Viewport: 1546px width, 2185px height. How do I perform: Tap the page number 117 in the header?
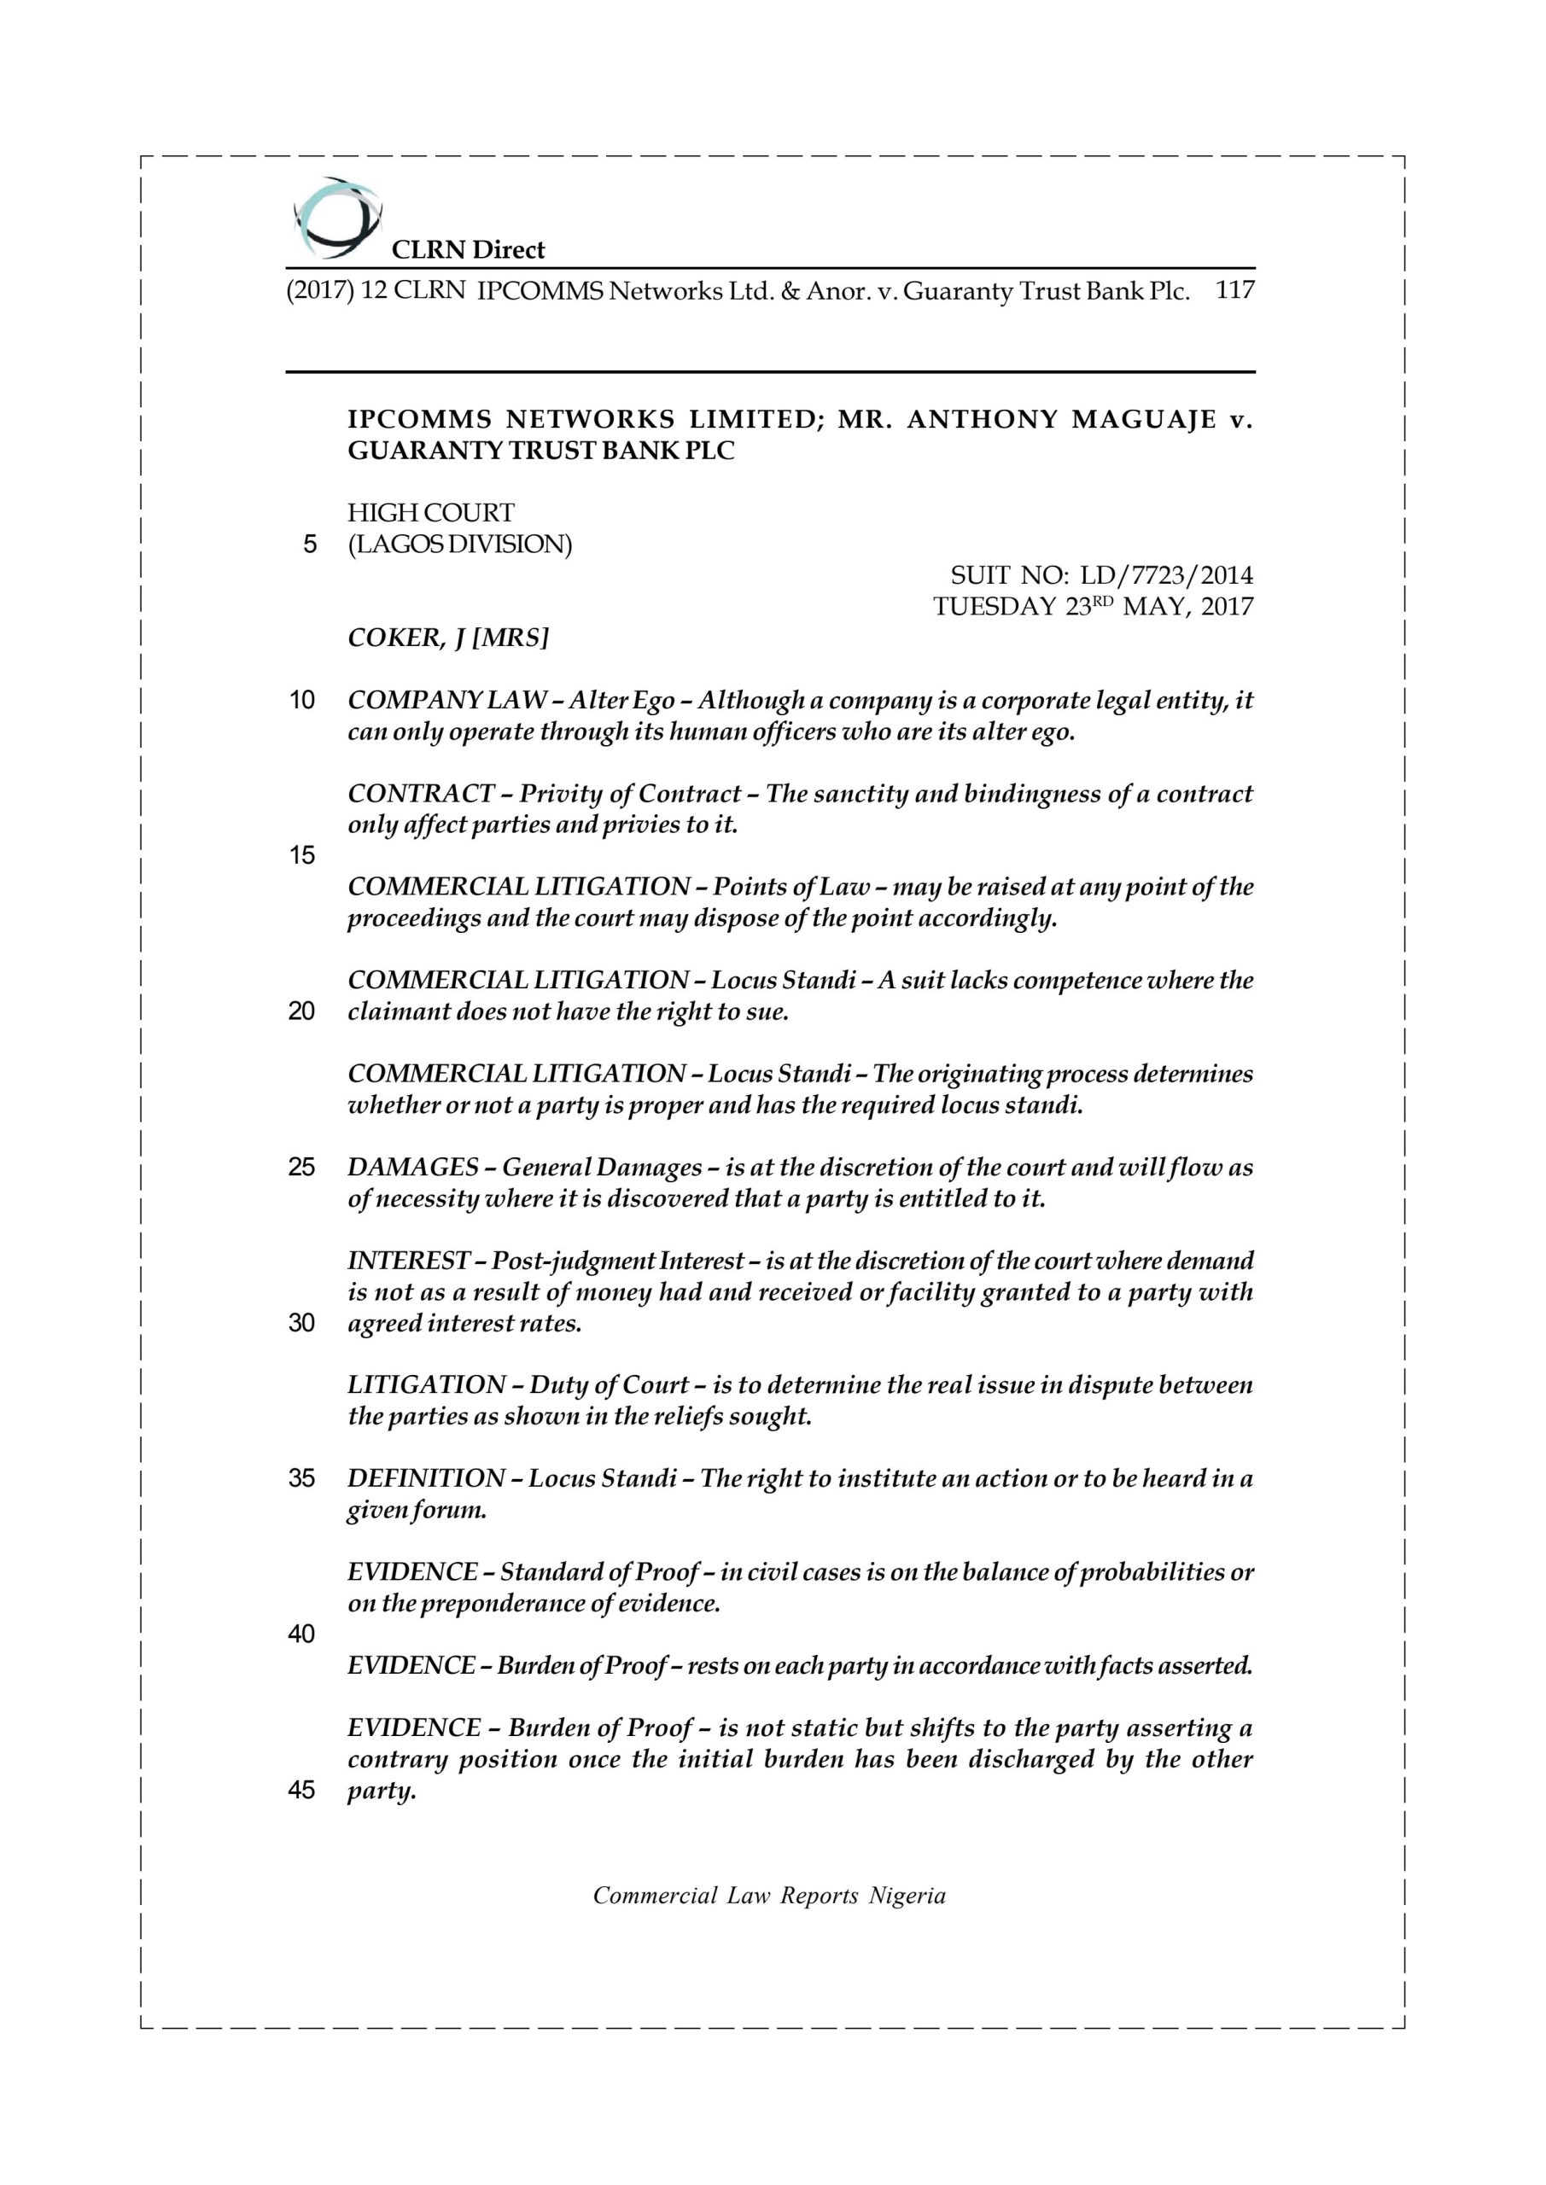tap(1234, 290)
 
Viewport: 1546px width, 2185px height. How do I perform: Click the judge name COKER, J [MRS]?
tap(447, 638)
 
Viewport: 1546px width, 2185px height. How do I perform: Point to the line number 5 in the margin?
tap(309, 545)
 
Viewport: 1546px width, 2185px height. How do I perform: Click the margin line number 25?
tap(302, 1168)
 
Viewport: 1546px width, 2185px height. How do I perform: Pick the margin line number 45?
tap(302, 1790)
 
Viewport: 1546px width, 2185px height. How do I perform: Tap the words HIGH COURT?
tap(430, 513)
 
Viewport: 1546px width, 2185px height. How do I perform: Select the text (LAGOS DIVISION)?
tap(460, 545)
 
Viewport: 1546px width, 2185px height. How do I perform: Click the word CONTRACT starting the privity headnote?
tap(421, 794)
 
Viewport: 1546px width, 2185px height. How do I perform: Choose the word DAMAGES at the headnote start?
tap(412, 1168)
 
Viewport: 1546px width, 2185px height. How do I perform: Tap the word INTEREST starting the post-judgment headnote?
tap(408, 1261)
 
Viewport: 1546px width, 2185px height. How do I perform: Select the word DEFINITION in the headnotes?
tap(425, 1479)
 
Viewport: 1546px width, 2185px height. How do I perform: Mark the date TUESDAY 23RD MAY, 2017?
tap(1093, 607)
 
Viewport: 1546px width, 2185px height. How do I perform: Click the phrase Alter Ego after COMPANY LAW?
tap(622, 702)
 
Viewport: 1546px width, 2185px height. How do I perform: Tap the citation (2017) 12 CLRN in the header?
tap(375, 290)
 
